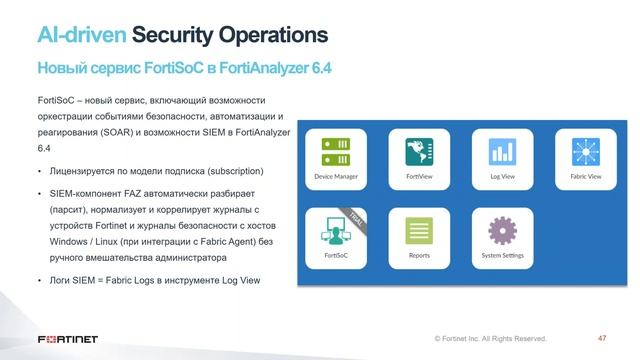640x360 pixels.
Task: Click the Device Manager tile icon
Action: [335, 153]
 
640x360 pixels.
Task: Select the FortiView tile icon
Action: [418, 153]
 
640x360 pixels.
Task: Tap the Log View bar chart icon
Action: [502, 153]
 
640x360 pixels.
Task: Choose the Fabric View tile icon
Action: [585, 153]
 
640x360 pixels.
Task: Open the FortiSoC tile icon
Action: [335, 231]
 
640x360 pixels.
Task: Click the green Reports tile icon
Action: [418, 231]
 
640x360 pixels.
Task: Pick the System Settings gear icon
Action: [502, 231]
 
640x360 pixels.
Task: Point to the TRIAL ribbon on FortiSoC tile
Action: [355, 218]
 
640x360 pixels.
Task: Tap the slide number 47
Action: [602, 338]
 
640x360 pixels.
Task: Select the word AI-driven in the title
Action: [82, 36]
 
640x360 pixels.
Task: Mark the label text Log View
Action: [502, 177]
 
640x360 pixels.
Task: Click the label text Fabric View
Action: [585, 177]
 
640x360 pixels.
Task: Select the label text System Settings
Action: [502, 255]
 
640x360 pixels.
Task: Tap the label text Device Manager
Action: [335, 177]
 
